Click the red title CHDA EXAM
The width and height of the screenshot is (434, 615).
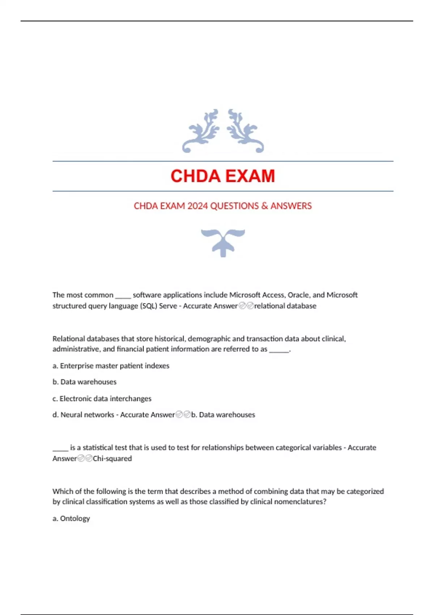click(x=222, y=176)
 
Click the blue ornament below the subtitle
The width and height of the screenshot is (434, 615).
click(x=223, y=242)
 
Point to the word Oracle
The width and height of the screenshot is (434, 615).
click(x=298, y=295)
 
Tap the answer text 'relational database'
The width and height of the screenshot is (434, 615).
click(x=285, y=306)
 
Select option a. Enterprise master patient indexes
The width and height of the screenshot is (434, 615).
click(x=111, y=366)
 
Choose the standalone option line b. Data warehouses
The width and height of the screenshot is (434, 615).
click(x=84, y=382)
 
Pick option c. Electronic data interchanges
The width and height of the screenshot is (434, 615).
click(x=102, y=399)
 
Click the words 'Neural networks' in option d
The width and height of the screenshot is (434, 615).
click(x=87, y=415)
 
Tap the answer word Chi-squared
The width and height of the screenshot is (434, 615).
click(x=112, y=459)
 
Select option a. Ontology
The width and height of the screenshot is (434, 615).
click(x=71, y=518)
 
